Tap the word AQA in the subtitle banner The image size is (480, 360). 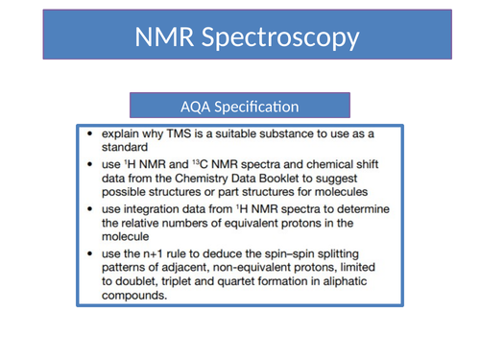196,106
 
